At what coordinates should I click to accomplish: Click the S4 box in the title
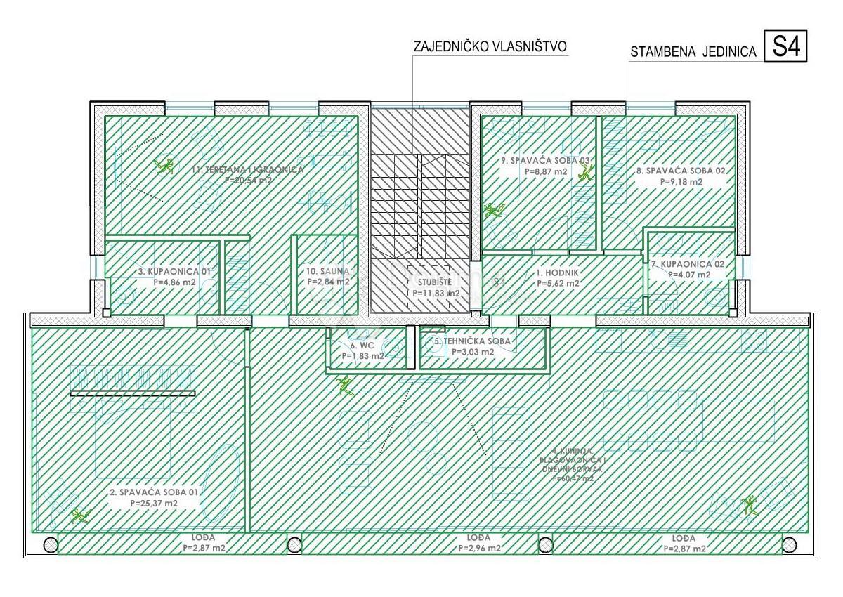(x=785, y=48)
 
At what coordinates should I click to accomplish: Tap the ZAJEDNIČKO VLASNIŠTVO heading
(x=490, y=47)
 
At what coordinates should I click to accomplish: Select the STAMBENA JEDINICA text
(x=693, y=51)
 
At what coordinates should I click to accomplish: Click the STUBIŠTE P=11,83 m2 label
(x=436, y=287)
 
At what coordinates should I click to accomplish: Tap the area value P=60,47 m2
(x=573, y=478)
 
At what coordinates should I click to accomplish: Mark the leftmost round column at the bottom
(x=50, y=544)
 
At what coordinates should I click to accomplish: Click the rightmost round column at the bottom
(x=790, y=544)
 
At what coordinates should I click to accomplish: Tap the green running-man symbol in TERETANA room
(x=166, y=166)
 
